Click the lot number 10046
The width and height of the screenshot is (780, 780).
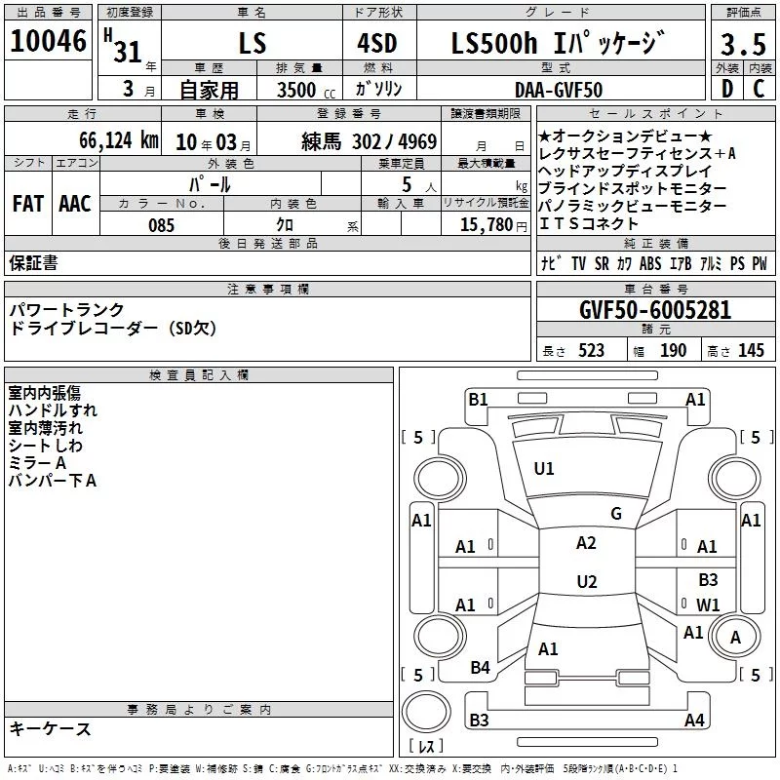48,41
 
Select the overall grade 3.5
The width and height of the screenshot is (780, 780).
743,45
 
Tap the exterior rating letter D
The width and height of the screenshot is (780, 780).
727,89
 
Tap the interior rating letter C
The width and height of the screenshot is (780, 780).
759,89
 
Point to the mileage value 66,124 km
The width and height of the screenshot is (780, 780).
119,140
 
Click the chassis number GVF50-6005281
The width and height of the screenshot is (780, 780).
655,310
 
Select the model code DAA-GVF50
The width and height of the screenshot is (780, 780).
559,90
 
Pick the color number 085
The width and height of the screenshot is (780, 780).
161,225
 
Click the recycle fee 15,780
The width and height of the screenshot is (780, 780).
487,225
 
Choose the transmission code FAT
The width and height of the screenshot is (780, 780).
28,204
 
